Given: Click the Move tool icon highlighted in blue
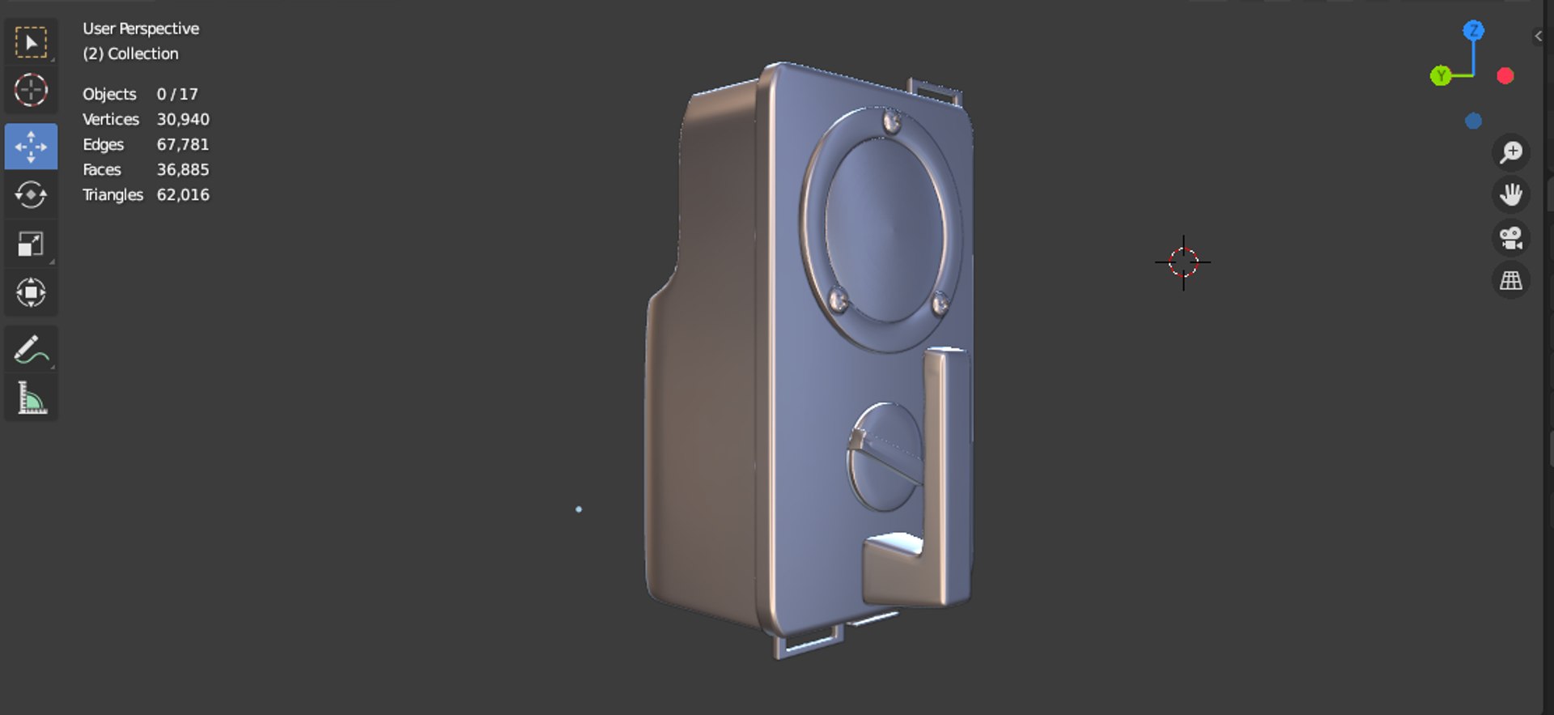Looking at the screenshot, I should click(x=31, y=147).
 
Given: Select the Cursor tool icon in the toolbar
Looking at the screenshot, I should click(x=31, y=90).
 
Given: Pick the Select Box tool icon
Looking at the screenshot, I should click(x=31, y=42).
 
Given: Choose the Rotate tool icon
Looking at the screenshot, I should click(x=31, y=195).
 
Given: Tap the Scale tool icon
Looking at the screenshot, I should click(x=31, y=244).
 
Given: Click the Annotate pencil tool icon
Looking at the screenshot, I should click(x=31, y=350).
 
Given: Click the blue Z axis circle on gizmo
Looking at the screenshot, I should click(x=1473, y=31).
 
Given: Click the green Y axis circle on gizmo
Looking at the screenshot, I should click(x=1440, y=76).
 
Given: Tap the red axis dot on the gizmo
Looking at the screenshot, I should click(x=1505, y=76).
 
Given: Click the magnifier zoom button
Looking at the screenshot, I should click(x=1510, y=152).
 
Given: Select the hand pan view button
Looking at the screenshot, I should click(x=1510, y=195).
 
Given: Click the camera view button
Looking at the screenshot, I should click(x=1510, y=238).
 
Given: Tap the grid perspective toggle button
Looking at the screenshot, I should click(x=1510, y=281).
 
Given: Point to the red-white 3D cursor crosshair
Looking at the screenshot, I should click(x=1182, y=262).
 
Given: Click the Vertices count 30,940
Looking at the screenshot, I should click(x=183, y=119).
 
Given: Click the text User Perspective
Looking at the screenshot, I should click(x=141, y=28).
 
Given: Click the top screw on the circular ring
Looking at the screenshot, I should click(x=892, y=122).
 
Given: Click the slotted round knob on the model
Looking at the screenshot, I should click(x=884, y=458).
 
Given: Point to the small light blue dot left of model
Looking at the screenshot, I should click(x=578, y=509).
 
